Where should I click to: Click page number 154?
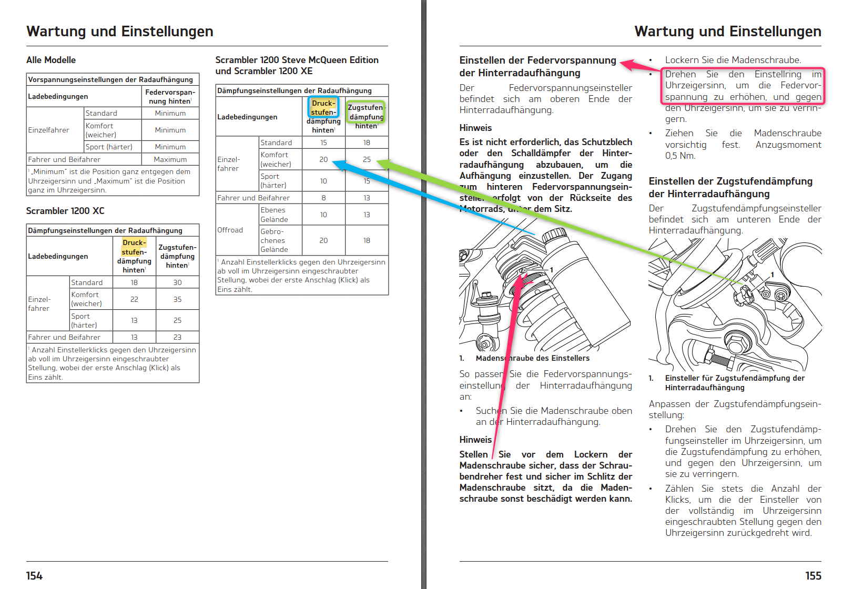[x=34, y=576]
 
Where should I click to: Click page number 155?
[x=813, y=576]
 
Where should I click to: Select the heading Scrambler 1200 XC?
[x=65, y=211]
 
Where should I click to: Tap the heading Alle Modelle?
[x=51, y=60]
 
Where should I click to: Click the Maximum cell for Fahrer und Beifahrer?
[x=170, y=159]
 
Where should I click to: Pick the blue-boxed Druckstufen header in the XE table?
[x=323, y=108]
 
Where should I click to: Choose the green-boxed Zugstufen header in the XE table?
[x=366, y=112]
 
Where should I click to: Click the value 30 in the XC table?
[x=177, y=282]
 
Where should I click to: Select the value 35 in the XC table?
[x=177, y=299]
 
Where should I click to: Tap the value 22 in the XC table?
[x=134, y=299]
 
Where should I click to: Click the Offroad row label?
[x=230, y=230]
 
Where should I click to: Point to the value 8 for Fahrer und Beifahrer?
[x=323, y=198]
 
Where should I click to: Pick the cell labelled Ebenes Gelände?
[x=274, y=215]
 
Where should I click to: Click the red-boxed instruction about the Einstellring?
[x=743, y=86]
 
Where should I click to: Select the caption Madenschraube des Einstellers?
[x=532, y=358]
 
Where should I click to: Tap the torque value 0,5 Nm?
[x=680, y=156]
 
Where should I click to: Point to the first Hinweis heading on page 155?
[x=475, y=128]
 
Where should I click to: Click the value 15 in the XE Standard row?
[x=323, y=143]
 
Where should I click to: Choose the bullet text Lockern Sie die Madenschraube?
[x=733, y=60]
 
